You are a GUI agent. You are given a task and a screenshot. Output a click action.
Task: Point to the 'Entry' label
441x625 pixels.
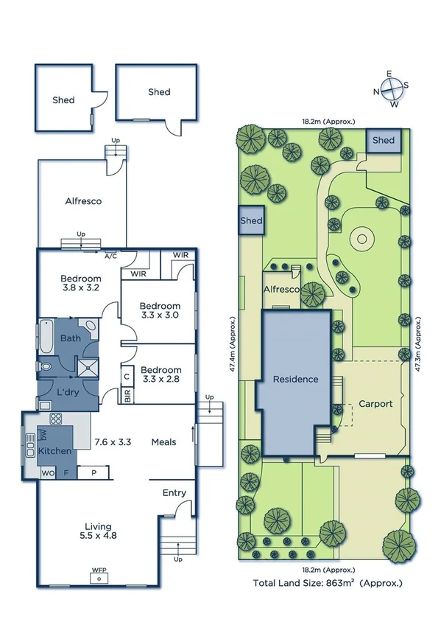(174, 493)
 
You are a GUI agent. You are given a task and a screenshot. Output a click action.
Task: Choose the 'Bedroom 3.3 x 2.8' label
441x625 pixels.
(160, 375)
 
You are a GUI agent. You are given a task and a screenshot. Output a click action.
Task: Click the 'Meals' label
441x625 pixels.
(163, 442)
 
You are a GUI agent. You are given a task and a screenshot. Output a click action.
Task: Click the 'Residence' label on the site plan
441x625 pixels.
(295, 379)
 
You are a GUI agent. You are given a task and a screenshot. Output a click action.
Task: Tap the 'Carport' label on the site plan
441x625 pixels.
(375, 404)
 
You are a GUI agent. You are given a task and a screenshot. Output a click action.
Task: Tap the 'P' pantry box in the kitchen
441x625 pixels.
(93, 472)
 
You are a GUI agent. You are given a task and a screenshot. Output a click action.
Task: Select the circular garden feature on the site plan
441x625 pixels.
(360, 238)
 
